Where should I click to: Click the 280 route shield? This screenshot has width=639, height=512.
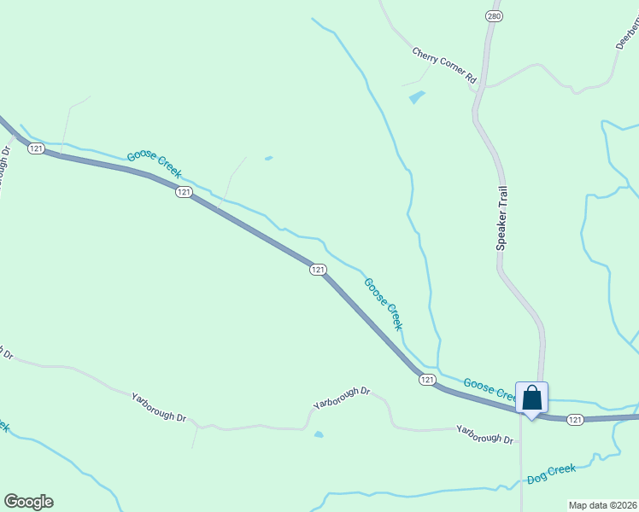click(495, 16)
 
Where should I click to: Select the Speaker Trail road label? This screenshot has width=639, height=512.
click(502, 218)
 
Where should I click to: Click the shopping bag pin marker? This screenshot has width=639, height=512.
click(531, 399)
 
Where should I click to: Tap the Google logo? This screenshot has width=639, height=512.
click(28, 502)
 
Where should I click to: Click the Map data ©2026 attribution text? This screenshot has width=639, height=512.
click(603, 504)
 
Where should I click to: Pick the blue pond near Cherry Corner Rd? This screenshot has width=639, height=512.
click(417, 97)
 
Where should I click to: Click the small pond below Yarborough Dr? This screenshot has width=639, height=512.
click(319, 434)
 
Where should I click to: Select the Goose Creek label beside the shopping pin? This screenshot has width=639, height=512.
click(490, 389)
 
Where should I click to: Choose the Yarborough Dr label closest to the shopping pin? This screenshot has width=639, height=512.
click(484, 434)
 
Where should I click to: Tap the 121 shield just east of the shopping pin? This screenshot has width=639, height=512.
click(575, 419)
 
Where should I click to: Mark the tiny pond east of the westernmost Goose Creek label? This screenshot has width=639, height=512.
click(269, 158)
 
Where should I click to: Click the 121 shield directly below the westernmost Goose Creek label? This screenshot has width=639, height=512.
click(184, 193)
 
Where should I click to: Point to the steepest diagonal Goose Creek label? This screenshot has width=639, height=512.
click(383, 304)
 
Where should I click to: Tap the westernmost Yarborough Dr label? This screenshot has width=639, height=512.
click(159, 406)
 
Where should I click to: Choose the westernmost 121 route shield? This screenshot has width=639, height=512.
click(35, 148)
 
